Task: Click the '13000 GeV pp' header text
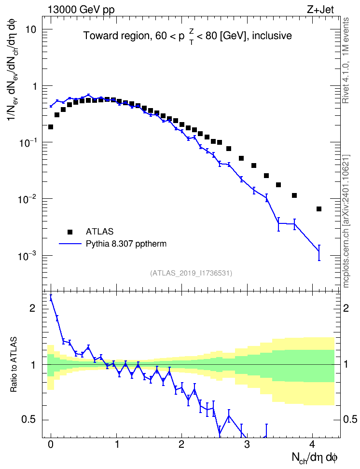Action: click(81, 10)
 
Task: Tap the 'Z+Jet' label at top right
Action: click(320, 10)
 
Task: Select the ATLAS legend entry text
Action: click(99, 232)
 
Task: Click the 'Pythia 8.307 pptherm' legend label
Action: click(126, 244)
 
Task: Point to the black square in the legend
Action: click(69, 232)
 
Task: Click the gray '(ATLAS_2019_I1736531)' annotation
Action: click(191, 273)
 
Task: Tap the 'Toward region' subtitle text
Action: click(117, 36)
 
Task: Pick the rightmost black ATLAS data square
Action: click(319, 209)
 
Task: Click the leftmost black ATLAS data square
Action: click(51, 127)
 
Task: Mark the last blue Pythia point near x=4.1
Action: click(319, 250)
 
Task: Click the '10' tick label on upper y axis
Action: click(30, 29)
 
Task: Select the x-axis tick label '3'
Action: click(247, 444)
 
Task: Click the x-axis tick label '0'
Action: click(51, 444)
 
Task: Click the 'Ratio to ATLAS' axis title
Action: click(14, 364)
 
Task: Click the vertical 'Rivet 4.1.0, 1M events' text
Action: click(346, 60)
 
